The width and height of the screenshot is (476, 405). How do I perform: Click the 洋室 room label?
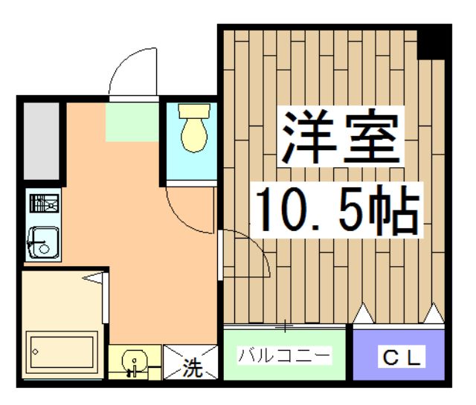[341, 139]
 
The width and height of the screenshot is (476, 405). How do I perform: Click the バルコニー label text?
[284, 356]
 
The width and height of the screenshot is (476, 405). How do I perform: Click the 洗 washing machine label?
[193, 367]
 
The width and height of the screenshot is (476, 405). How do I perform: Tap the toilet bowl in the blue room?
[194, 129]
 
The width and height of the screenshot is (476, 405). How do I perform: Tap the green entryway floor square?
[132, 123]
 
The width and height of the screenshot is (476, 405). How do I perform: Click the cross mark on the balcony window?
[285, 325]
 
